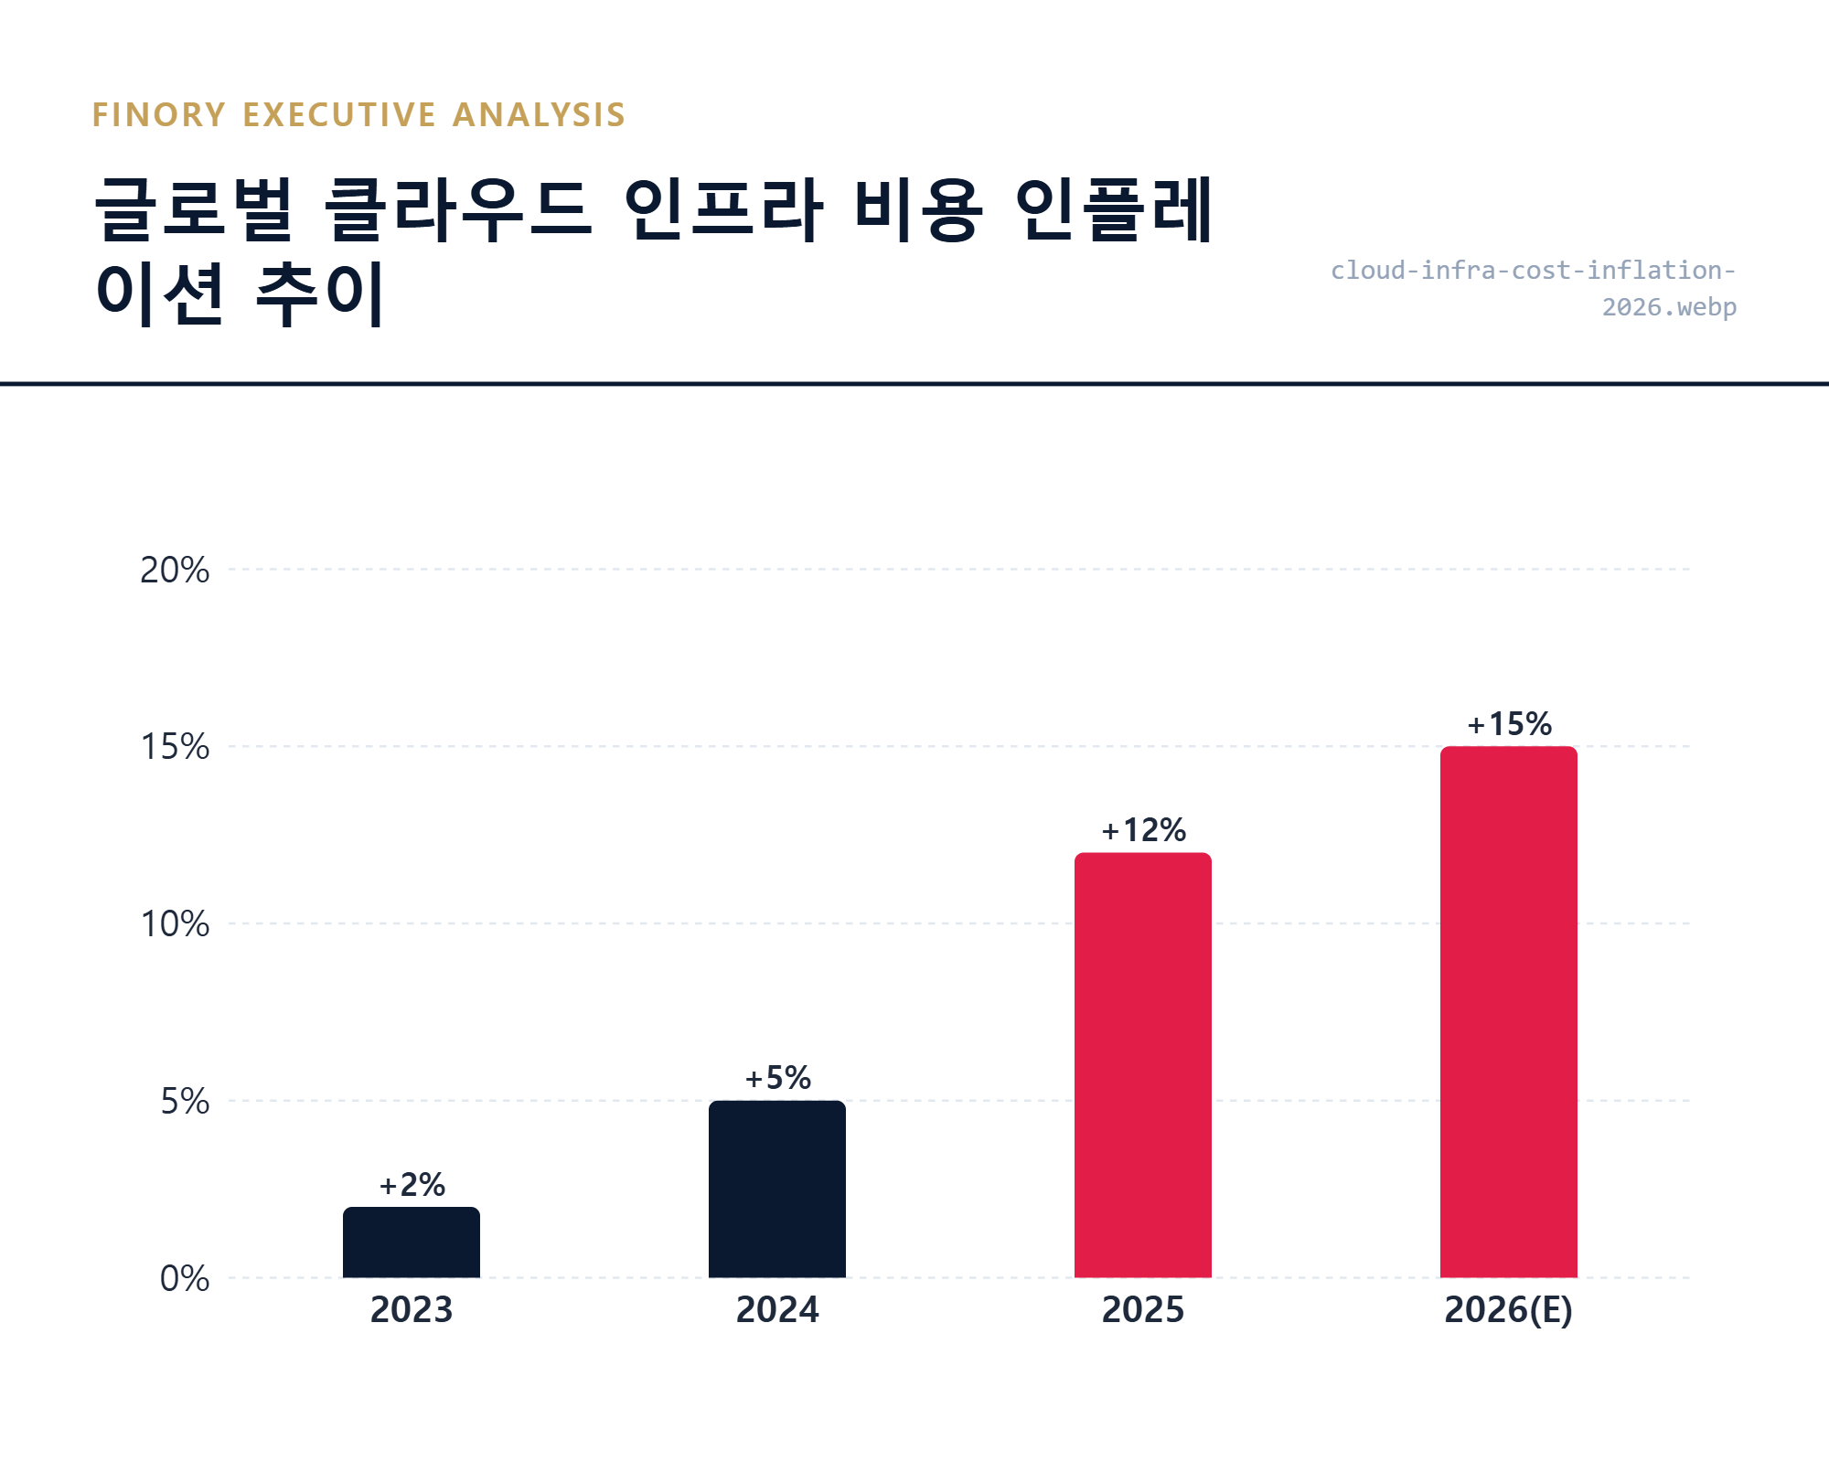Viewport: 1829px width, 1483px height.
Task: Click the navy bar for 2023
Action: tap(411, 1243)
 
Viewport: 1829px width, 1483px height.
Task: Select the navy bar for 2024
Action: tap(776, 1189)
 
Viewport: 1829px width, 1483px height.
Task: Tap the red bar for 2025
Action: tap(1142, 1065)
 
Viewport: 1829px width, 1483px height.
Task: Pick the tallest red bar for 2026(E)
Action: tap(1508, 1011)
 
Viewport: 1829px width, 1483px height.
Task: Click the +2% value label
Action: tap(412, 1185)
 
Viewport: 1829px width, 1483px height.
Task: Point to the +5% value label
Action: tap(777, 1078)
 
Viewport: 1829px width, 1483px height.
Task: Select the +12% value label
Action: tap(1143, 830)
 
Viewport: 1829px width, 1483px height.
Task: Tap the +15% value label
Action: tap(1509, 724)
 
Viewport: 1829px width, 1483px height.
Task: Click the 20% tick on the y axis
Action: tap(174, 570)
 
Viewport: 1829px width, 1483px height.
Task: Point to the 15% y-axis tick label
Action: tap(174, 747)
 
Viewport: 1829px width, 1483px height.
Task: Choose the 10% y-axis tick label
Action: tap(174, 924)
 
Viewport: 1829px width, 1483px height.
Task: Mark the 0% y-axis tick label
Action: tap(184, 1278)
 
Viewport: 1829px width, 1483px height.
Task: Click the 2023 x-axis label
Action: tap(412, 1309)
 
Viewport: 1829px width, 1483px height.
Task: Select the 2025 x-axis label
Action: tap(1143, 1309)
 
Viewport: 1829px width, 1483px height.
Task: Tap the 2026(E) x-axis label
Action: tap(1509, 1309)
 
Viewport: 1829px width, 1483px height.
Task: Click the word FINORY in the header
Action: tap(159, 115)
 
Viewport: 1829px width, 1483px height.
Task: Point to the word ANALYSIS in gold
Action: tap(539, 115)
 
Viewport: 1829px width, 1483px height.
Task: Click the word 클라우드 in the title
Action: tap(458, 210)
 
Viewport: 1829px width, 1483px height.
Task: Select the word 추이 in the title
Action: tap(320, 294)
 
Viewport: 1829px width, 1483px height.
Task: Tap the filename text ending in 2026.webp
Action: tap(1668, 307)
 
